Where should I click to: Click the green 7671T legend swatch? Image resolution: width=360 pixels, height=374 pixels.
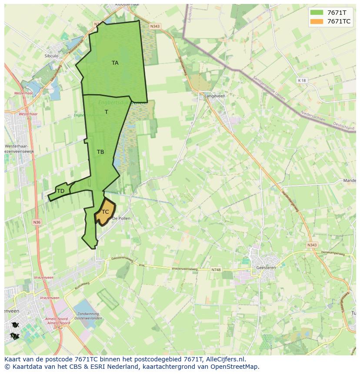coord(316,13)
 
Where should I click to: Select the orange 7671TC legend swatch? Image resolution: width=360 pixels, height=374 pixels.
coord(316,21)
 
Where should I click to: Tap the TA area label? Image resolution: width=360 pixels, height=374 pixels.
coord(115,63)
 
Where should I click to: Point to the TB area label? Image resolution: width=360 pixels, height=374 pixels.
coord(100,152)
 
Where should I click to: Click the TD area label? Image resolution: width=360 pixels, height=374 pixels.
coord(60,191)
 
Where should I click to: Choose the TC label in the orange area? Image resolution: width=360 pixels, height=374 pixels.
coord(105,212)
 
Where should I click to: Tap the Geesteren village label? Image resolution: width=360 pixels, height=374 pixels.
coord(266,268)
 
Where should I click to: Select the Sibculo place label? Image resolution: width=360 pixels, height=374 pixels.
coord(51,56)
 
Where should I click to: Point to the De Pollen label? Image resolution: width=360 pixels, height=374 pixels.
coord(121,218)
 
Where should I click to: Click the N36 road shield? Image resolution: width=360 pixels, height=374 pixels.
coord(37,222)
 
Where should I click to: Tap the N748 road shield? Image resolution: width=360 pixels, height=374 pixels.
coord(216,270)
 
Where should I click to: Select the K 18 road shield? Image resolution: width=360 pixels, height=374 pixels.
coord(302,80)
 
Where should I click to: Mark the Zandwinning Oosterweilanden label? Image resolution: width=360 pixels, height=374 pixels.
coord(90,316)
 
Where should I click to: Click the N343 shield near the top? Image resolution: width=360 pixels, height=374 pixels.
coord(155,26)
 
